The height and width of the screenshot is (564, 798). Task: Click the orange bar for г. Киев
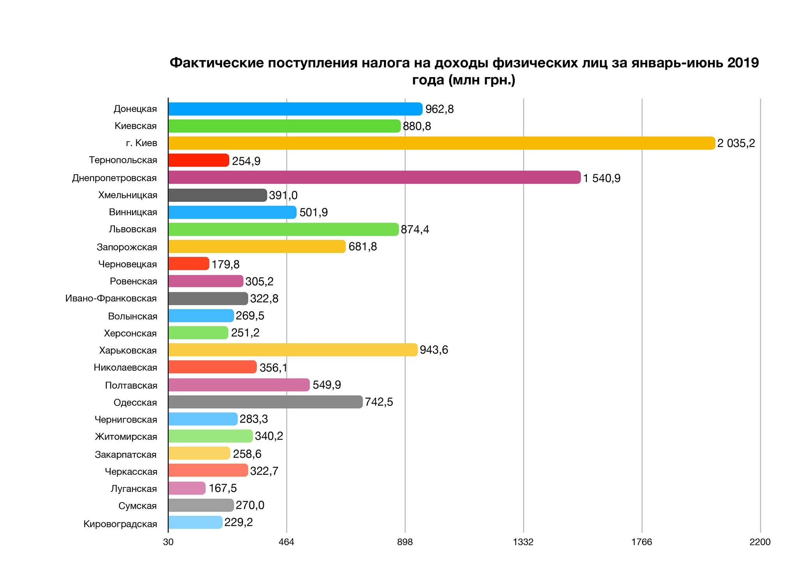(441, 143)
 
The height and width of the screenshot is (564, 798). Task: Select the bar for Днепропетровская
(374, 178)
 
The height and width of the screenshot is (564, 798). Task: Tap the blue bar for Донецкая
(295, 109)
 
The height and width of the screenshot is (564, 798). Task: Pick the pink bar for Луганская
(187, 488)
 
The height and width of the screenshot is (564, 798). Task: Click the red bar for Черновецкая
(189, 264)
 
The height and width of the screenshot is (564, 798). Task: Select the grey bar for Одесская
(265, 402)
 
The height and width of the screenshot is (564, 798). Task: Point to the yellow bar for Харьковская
(293, 350)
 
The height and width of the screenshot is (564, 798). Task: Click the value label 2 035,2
(736, 143)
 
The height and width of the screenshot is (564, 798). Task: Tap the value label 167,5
(222, 488)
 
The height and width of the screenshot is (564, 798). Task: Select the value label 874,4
(415, 230)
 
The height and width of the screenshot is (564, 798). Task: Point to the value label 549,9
(327, 385)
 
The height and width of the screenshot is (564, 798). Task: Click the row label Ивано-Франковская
(111, 299)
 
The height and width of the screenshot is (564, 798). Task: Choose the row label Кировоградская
(120, 524)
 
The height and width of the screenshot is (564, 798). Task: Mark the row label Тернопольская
(123, 160)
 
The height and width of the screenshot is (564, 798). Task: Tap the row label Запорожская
(127, 247)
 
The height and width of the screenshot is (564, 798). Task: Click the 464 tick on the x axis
(286, 542)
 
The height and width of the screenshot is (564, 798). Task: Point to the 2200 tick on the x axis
(760, 542)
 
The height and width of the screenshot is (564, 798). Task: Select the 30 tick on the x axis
(168, 542)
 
